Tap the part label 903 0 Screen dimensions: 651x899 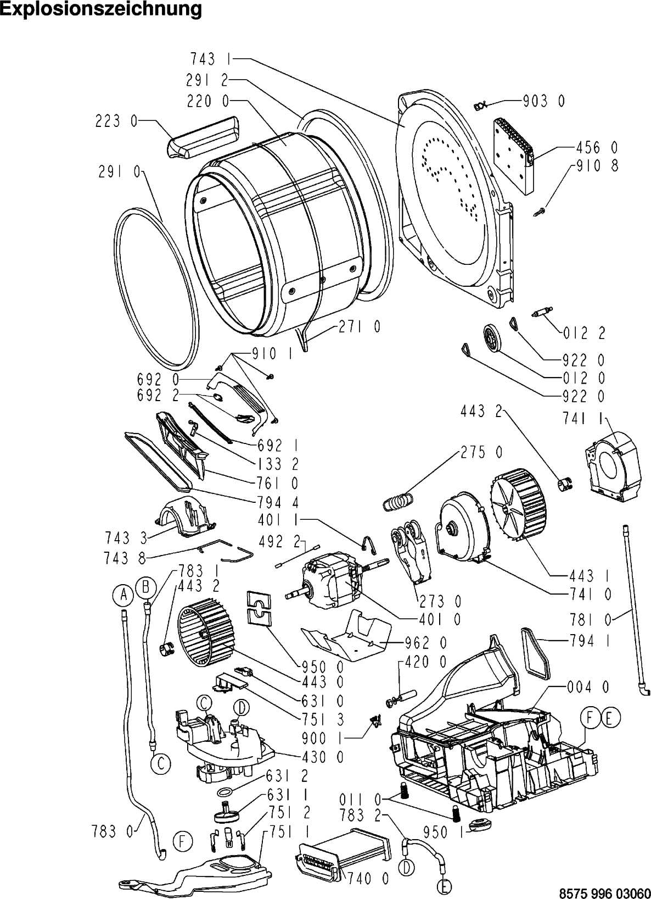(544, 102)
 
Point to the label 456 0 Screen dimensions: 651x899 (597, 148)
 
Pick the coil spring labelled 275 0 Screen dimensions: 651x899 (398, 502)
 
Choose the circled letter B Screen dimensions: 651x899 (145, 588)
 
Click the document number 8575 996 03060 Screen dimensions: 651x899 (604, 892)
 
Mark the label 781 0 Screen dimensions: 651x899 (591, 620)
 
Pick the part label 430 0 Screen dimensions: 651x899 (323, 757)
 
